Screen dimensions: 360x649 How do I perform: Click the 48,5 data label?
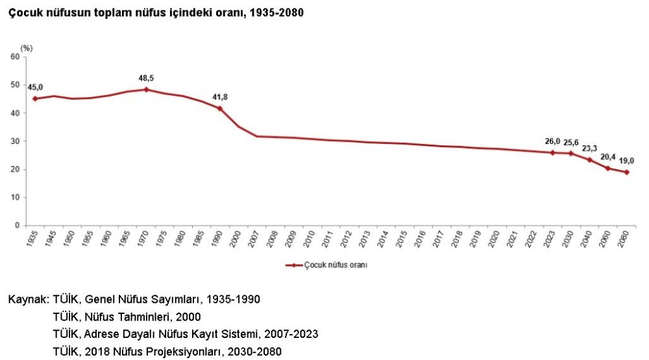pos(146,78)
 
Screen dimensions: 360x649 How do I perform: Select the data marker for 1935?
pos(35,99)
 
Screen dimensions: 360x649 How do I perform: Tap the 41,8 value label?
pos(220,97)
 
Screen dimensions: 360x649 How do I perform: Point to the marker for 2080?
pos(626,173)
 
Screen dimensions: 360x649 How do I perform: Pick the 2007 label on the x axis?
pos(258,239)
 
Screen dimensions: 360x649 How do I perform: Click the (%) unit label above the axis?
pos(26,48)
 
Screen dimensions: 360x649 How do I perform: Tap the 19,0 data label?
pos(626,161)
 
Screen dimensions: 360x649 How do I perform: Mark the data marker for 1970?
pos(146,90)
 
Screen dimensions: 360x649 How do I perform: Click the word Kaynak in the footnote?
pos(27,300)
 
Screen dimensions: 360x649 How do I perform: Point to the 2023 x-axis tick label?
pos(552,239)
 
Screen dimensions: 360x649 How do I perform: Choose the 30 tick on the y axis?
pos(15,141)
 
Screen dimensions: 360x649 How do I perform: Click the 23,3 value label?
pos(589,149)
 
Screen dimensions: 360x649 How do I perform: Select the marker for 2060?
pos(608,168)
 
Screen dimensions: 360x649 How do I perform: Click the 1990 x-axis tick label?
pos(220,239)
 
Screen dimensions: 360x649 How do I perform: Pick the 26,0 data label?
pos(552,141)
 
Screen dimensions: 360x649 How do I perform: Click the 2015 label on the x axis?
pos(405,239)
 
